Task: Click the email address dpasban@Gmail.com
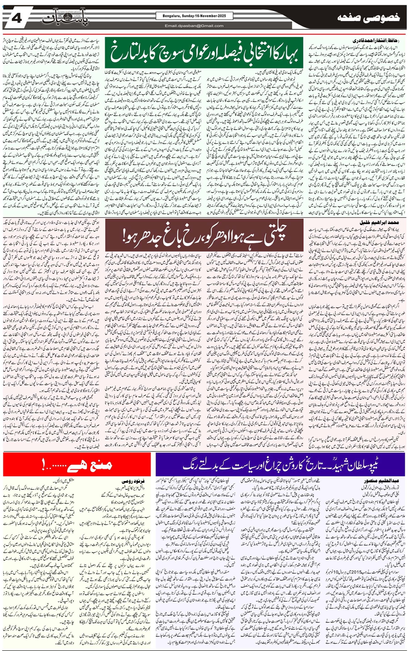pos(194,26)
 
